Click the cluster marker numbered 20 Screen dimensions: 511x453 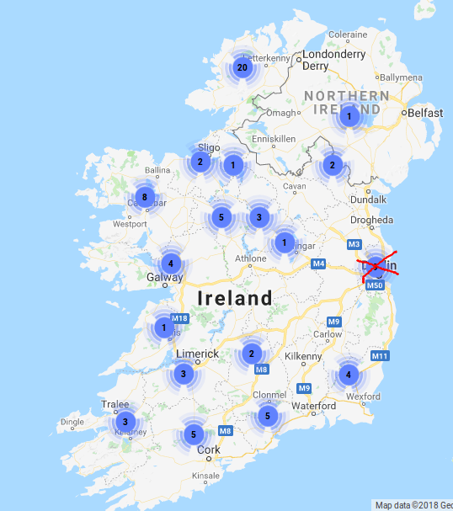[x=242, y=67]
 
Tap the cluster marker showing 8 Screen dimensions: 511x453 [x=145, y=198]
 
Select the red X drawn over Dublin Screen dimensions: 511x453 [x=379, y=267]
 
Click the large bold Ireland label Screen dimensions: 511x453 [x=235, y=298]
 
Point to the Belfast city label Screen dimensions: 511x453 [x=425, y=112]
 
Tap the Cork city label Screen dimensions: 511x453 [x=208, y=450]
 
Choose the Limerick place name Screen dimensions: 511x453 [x=197, y=354]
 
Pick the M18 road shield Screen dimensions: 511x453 [x=179, y=318]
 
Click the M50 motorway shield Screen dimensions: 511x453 [x=375, y=286]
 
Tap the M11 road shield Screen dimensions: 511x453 [x=380, y=356]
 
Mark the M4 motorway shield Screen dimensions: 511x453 [x=318, y=264]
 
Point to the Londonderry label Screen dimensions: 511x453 [x=336, y=54]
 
